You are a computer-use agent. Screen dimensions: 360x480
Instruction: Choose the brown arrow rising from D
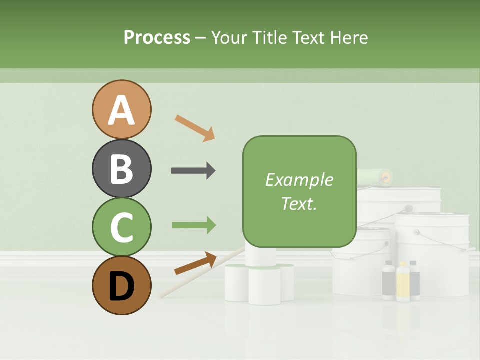point(195,263)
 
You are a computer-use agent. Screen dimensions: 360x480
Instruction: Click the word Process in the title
point(157,37)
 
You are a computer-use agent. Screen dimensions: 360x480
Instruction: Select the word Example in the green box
point(299,180)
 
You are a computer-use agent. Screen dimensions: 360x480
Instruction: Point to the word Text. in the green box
point(299,203)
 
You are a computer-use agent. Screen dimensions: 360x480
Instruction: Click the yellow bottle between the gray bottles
point(402,282)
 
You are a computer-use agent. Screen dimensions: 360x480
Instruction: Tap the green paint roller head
point(374,176)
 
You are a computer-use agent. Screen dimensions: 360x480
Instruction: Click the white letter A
point(121,111)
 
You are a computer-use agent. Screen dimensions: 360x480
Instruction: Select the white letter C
point(121,228)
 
